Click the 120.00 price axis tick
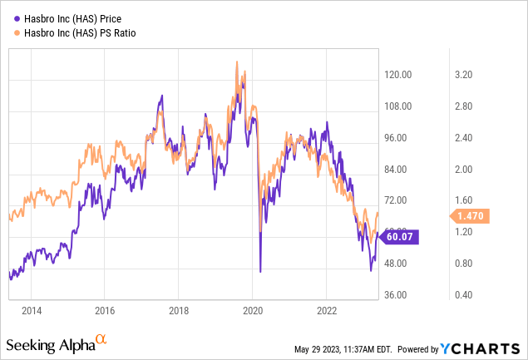click(x=399, y=75)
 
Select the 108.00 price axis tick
click(x=399, y=106)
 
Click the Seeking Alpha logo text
click(x=50, y=344)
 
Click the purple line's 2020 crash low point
click(x=260, y=271)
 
